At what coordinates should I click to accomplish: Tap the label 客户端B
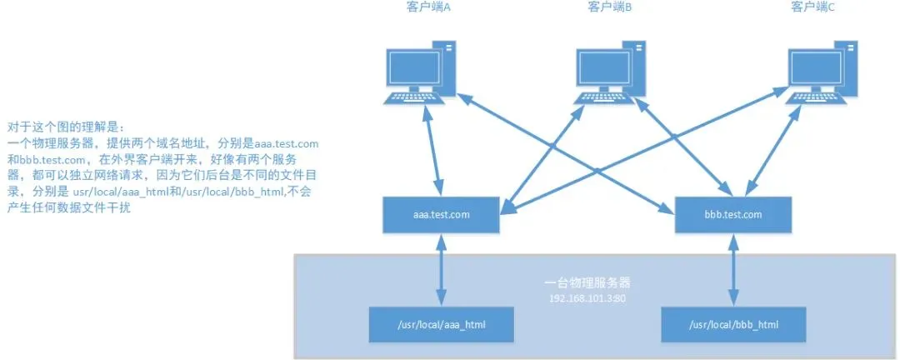[610, 7]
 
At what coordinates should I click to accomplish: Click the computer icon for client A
[422, 72]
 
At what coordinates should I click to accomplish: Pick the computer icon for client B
[611, 72]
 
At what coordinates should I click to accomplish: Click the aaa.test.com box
[441, 215]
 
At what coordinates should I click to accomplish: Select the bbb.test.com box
[733, 215]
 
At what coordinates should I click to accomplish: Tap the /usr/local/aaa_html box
[441, 324]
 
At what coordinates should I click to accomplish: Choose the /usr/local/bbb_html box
[733, 324]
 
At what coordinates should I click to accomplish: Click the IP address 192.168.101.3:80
[587, 298]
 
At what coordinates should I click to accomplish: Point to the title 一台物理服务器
[587, 283]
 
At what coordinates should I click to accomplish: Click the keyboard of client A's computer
[415, 98]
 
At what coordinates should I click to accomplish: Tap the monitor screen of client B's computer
[602, 67]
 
